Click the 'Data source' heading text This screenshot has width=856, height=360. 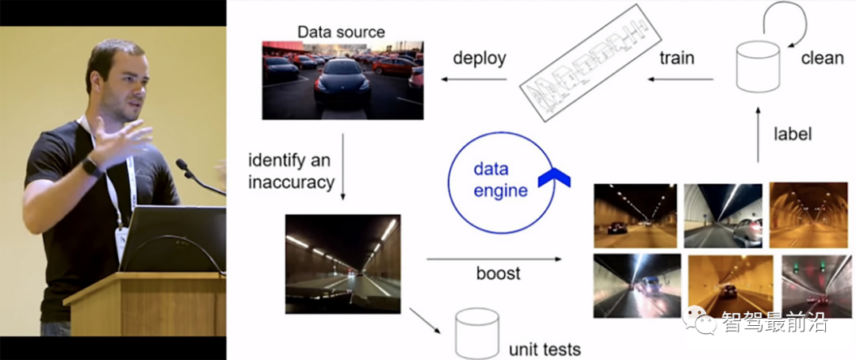click(x=341, y=32)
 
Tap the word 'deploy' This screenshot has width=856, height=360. click(x=480, y=59)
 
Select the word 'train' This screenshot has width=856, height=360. click(x=677, y=57)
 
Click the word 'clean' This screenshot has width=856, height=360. click(x=822, y=58)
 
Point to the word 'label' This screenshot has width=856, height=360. click(x=793, y=133)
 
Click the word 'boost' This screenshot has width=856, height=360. click(x=499, y=273)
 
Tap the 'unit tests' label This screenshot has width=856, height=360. click(x=545, y=349)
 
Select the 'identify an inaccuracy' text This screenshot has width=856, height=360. click(x=291, y=171)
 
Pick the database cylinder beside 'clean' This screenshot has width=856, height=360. click(x=757, y=66)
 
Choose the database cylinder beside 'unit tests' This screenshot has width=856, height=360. click(x=477, y=333)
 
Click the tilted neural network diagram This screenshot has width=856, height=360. click(x=590, y=63)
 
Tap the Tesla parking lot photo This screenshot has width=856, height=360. click(x=342, y=80)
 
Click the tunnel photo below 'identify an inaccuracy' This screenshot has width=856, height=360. click(x=343, y=263)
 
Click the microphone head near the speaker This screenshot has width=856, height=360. click(x=182, y=164)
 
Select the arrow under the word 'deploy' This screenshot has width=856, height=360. click(x=474, y=80)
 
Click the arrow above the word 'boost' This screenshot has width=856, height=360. click(x=494, y=259)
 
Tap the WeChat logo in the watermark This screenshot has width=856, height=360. click(x=698, y=319)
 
